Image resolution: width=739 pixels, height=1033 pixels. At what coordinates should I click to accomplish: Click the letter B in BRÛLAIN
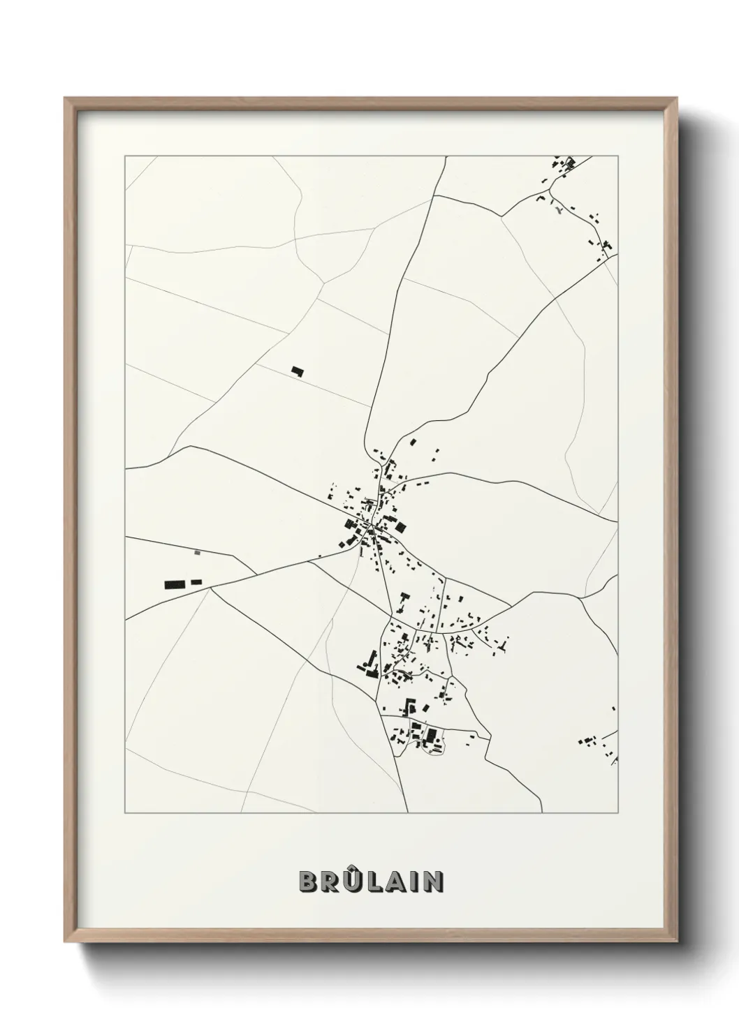[308, 882]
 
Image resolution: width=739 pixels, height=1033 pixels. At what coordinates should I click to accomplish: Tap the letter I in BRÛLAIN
[414, 882]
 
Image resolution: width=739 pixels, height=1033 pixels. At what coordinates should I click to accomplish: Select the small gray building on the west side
[197, 552]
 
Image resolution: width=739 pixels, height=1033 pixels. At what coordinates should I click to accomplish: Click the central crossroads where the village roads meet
[373, 533]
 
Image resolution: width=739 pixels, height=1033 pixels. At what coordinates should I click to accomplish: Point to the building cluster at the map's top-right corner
[564, 165]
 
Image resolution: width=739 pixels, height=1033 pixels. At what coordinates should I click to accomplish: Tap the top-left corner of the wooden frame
[66, 98]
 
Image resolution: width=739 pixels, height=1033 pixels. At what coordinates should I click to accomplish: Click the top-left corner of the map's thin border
[125, 156]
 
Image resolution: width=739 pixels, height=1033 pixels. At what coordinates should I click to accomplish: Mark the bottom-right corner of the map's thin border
[617, 812]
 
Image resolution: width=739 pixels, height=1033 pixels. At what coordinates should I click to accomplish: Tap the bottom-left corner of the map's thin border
[125, 812]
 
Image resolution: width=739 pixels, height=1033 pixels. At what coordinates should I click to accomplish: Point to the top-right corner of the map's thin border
[617, 156]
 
